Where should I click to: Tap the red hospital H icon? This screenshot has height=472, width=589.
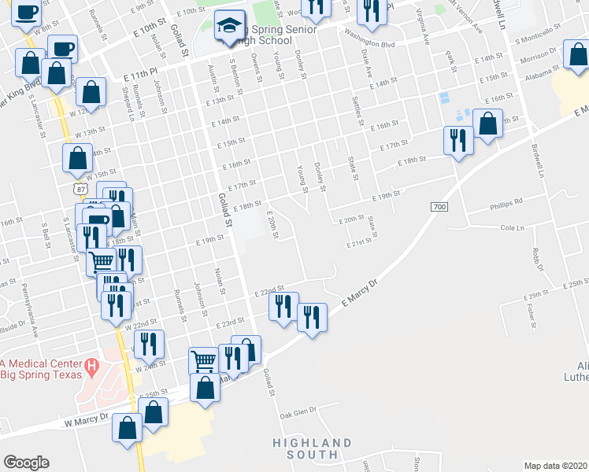[92, 365]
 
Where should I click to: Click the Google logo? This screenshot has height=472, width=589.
[26, 463]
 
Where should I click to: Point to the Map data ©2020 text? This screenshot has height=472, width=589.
[556, 466]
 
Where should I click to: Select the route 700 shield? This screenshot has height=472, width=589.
[439, 206]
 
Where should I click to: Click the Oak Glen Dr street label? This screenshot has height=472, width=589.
[298, 411]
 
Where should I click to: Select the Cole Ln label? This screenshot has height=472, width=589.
[512, 228]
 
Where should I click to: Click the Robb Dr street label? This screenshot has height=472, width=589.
[535, 260]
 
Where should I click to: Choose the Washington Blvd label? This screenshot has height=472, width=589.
[369, 35]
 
